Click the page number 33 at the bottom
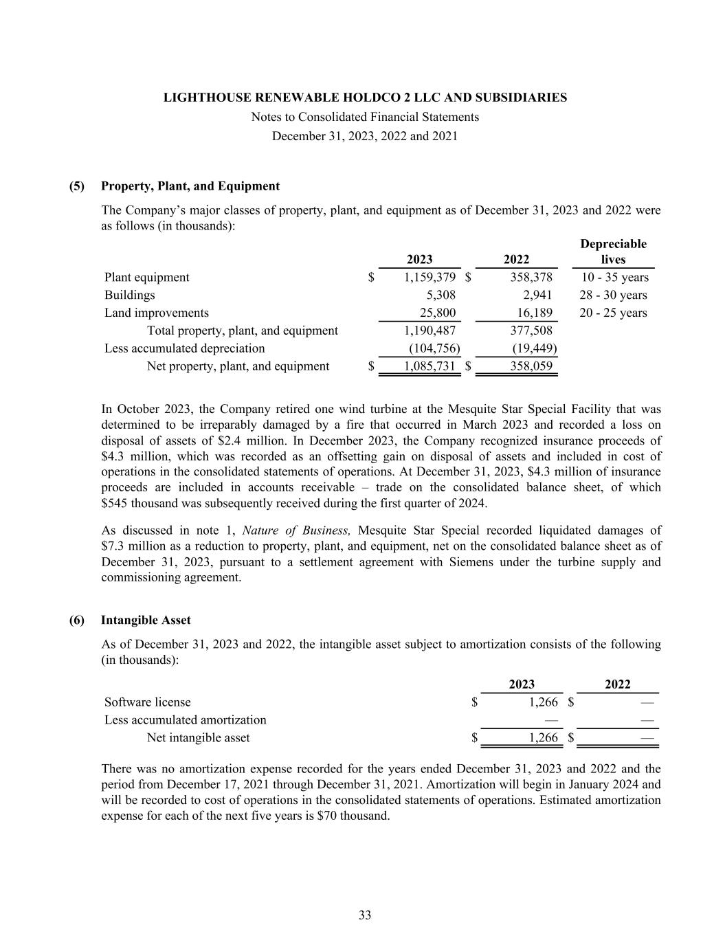tap(365, 915)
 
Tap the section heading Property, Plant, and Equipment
tap(190, 186)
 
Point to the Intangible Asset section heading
tap(146, 620)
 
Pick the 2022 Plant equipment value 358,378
tap(531, 278)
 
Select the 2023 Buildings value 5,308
tap(440, 295)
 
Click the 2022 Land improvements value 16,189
tap(533, 313)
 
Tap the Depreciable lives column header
tap(613, 252)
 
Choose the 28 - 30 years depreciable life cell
tap(613, 295)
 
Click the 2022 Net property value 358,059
tap(531, 366)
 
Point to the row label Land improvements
tap(157, 313)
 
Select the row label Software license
tap(148, 702)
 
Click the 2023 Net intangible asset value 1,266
tap(543, 738)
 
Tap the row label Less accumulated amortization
tap(186, 720)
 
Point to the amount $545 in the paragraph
tap(114, 503)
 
